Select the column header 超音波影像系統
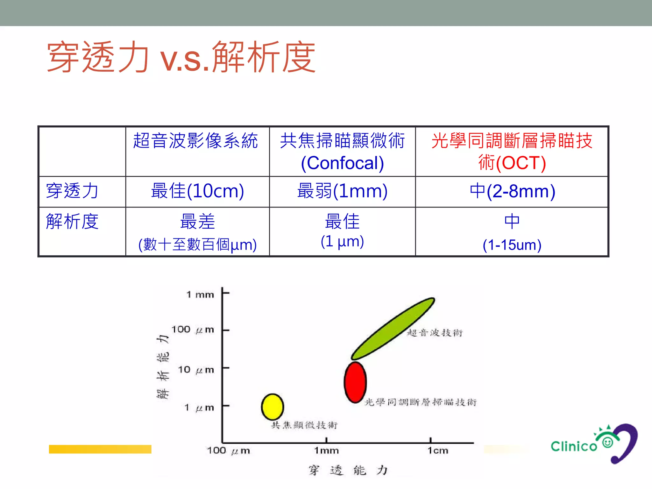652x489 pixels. click(x=195, y=141)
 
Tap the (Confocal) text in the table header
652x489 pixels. click(x=342, y=163)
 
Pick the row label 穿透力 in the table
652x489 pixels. click(x=72, y=191)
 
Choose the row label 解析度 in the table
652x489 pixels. click(x=72, y=222)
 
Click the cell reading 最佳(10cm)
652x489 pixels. click(x=197, y=191)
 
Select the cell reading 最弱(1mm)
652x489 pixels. click(x=342, y=191)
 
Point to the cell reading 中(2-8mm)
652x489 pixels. click(x=512, y=191)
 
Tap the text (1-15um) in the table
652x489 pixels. click(x=512, y=245)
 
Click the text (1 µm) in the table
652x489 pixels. click(x=342, y=241)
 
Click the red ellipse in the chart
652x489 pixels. click(x=355, y=382)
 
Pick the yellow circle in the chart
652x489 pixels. click(x=273, y=407)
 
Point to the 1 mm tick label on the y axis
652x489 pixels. click(x=200, y=294)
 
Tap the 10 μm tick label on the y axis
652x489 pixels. click(x=196, y=370)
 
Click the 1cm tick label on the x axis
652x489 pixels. click(x=438, y=450)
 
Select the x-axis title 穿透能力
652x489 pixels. click(x=348, y=470)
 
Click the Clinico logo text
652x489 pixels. click(x=574, y=446)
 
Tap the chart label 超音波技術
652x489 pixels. click(x=435, y=333)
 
